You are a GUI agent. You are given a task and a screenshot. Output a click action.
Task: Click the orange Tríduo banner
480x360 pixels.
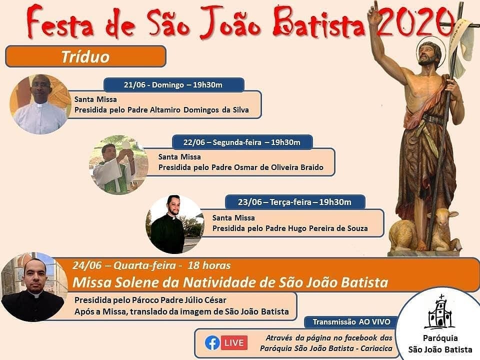click(85, 56)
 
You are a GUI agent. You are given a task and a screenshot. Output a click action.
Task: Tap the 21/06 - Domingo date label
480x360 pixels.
click(174, 85)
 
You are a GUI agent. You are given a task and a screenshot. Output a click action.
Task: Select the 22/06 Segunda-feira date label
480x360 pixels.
click(242, 142)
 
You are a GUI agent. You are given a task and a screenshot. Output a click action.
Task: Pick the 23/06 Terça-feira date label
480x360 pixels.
click(295, 202)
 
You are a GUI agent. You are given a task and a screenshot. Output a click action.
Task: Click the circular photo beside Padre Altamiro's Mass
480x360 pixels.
click(40, 104)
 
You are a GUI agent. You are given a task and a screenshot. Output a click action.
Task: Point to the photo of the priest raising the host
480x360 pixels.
click(118, 164)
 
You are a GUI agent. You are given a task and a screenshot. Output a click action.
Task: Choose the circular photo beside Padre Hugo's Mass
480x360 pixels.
click(175, 224)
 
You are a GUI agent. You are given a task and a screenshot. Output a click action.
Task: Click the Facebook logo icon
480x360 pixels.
click(212, 343)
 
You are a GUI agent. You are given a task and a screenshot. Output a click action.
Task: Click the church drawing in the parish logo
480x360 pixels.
click(439, 311)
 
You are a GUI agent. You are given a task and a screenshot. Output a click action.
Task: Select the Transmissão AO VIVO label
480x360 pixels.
click(351, 321)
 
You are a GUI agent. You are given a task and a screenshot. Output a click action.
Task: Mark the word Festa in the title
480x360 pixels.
click(59, 22)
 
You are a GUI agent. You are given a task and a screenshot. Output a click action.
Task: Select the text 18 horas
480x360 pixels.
click(209, 265)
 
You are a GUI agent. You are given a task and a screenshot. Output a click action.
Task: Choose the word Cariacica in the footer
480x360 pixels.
click(376, 348)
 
